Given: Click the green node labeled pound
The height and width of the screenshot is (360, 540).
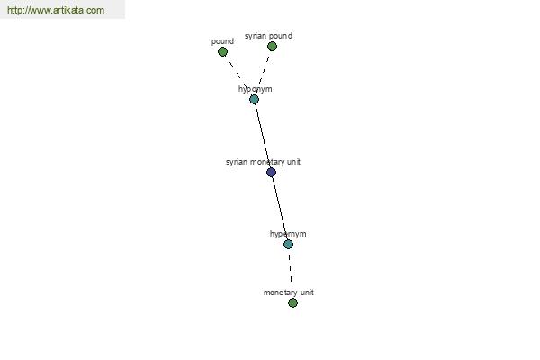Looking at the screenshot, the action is (x=223, y=52).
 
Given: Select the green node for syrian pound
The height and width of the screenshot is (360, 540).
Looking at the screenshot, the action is (x=272, y=46).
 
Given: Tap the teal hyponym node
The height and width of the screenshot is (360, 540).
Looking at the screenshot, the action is (x=254, y=100).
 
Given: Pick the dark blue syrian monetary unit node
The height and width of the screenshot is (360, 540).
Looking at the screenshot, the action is (x=272, y=172).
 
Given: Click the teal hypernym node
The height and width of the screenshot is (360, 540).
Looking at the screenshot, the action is (x=288, y=245).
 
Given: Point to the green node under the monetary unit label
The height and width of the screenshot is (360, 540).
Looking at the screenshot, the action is (x=292, y=302).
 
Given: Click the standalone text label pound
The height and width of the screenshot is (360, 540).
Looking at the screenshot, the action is (x=222, y=41).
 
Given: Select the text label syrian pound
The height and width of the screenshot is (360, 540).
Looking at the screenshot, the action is (x=268, y=36).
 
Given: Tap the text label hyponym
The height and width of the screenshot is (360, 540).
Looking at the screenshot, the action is (x=256, y=89).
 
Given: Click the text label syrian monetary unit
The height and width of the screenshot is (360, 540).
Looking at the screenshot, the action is (x=263, y=162).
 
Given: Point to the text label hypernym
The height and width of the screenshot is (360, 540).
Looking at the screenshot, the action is (x=288, y=234).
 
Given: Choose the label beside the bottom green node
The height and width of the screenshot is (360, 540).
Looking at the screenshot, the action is (x=289, y=292).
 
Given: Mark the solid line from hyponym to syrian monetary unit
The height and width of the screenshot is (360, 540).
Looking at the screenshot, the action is (x=263, y=136).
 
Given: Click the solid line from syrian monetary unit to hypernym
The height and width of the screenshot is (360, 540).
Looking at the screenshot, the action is (x=280, y=209).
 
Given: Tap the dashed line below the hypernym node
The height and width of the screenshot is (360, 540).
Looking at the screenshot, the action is (x=291, y=274).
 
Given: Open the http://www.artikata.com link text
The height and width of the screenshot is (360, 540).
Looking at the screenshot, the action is (x=56, y=10).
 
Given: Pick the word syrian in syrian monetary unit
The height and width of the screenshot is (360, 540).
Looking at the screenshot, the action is (x=237, y=162).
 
